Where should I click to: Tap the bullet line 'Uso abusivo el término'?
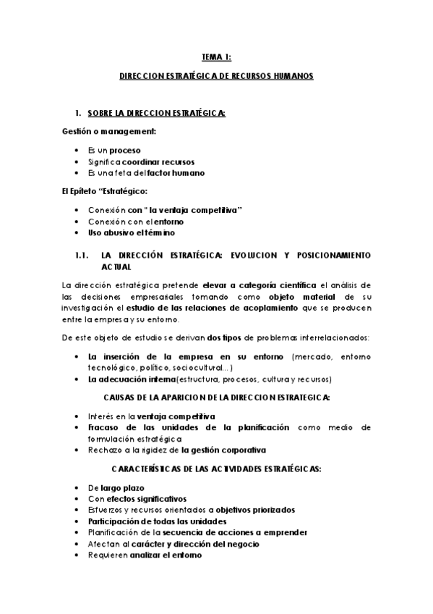pyautogui.click(x=131, y=233)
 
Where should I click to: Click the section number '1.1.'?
pyautogui.click(x=82, y=255)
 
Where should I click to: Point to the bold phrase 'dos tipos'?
pyautogui.click(x=228, y=338)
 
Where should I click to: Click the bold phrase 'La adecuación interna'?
pyautogui.click(x=132, y=379)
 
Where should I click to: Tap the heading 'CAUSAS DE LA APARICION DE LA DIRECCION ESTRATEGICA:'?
pyautogui.click(x=216, y=398)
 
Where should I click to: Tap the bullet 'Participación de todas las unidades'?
pyautogui.click(x=157, y=521)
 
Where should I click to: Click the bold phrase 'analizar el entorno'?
pyautogui.click(x=166, y=555)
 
